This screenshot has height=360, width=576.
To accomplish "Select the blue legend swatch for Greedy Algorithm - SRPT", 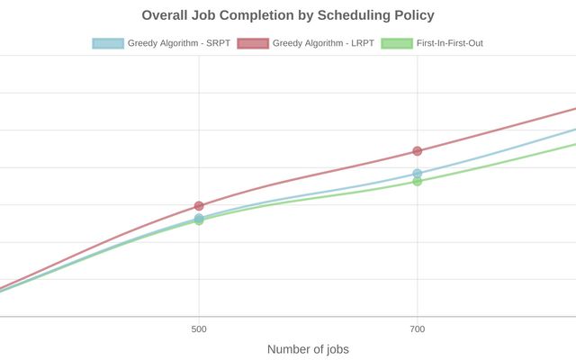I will (x=107, y=43).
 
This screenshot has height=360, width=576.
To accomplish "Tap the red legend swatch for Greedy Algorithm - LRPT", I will (x=252, y=43).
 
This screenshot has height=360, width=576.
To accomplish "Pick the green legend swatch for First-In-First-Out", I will (x=396, y=43).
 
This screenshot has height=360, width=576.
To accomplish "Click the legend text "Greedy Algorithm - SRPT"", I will (x=178, y=43).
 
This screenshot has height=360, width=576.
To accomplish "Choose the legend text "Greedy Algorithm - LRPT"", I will (x=323, y=43).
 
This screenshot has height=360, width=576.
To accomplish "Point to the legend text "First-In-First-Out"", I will (x=450, y=43).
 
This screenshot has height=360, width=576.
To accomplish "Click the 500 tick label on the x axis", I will (x=199, y=329).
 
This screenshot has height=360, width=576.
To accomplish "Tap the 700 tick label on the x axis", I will (x=417, y=329).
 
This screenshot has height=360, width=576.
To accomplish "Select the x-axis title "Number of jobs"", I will (x=308, y=349).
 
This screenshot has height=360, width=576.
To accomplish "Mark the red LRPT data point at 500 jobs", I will (x=199, y=206).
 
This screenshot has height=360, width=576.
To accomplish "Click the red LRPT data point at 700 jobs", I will (x=417, y=150).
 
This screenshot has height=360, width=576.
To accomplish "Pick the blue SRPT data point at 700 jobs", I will (x=417, y=174).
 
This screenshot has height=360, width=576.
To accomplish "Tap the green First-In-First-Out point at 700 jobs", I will (x=417, y=182).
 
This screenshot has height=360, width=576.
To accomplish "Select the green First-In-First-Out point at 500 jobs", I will (x=199, y=220).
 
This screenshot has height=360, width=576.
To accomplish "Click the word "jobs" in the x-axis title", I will (x=335, y=349).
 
